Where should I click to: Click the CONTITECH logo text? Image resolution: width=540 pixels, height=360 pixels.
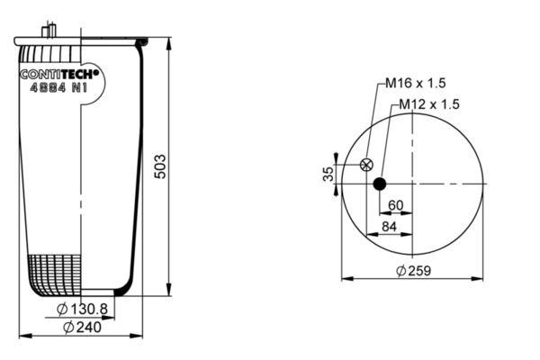pos(59,75)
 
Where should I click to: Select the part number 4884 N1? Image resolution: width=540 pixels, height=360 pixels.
pos(58,88)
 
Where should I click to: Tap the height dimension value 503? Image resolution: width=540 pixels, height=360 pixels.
pos(160,166)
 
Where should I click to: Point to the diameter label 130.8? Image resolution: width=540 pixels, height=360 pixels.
pos(82,309)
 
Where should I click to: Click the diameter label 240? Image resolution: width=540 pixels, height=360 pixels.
pos(83,328)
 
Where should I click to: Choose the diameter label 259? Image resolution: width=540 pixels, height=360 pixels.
pos(414,271)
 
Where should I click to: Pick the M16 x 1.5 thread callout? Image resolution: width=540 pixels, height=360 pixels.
pos(415,83)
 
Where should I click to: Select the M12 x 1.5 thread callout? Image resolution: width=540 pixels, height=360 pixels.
pos(429,104)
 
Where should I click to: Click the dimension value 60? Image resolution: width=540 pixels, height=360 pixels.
pos(395,205)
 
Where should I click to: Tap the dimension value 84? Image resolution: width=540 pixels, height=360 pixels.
pos(389,227)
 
